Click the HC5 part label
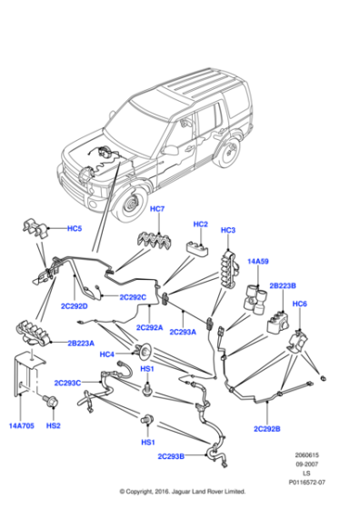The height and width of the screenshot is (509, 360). [74, 228]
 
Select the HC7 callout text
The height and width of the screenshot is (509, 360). [156, 210]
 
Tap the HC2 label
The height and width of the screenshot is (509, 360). [201, 224]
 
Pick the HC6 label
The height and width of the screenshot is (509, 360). [300, 304]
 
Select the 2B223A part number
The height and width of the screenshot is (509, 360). [79, 344]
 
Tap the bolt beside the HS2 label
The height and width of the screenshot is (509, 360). [50, 400]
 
